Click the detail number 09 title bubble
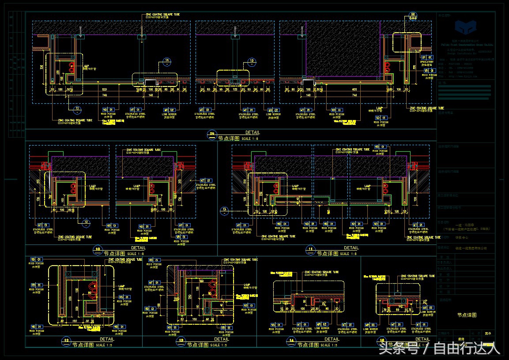coord(211,134)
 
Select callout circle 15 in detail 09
coord(252,61)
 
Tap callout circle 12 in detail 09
coord(77,109)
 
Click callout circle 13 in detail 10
coord(87,222)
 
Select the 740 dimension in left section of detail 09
coord(104,95)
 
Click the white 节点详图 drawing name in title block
coord(467,315)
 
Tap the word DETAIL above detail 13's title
coord(222,339)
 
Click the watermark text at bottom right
coord(439,349)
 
